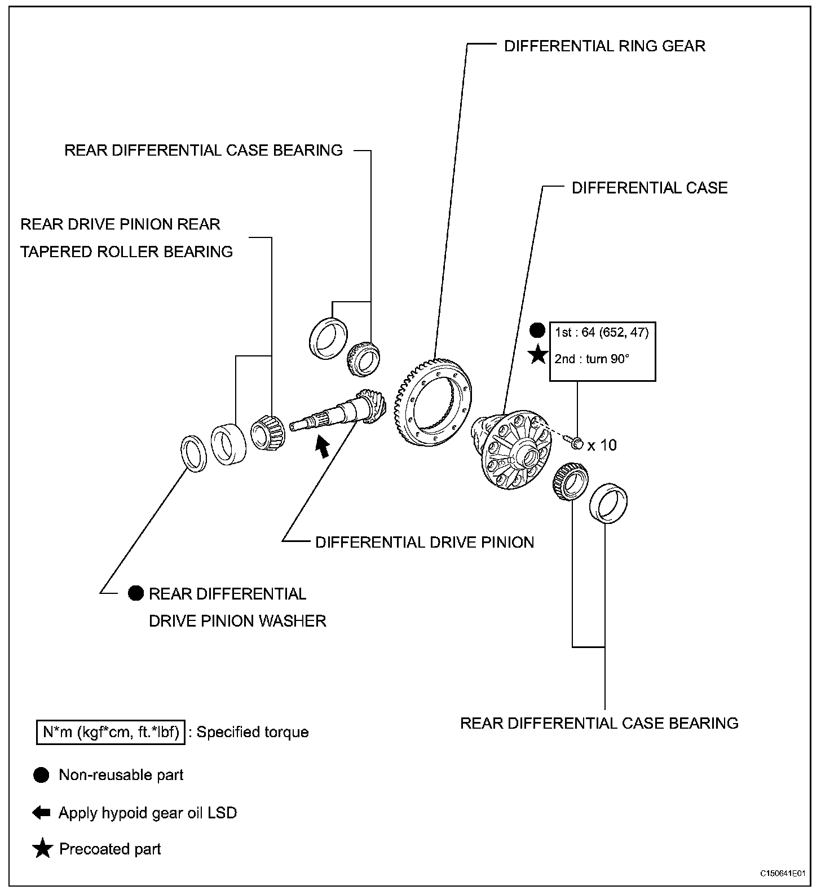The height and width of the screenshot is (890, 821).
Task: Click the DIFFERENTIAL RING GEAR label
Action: (x=604, y=46)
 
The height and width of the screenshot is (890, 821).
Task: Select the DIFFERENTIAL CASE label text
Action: (x=650, y=188)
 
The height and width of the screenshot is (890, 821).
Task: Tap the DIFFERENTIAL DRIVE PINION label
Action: (x=424, y=543)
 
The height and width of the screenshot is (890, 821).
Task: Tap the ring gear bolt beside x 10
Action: (x=575, y=444)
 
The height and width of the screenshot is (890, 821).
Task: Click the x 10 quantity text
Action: (x=602, y=446)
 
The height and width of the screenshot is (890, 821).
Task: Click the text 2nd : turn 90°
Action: (x=592, y=359)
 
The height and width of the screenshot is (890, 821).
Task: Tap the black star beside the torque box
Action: (x=538, y=355)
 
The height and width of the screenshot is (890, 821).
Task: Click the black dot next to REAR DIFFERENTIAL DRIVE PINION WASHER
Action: (x=136, y=593)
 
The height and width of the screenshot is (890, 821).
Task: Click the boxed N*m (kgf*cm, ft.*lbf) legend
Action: (x=111, y=732)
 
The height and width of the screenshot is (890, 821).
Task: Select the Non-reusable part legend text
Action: (x=121, y=776)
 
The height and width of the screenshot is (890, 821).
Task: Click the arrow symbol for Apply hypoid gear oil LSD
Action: (x=42, y=813)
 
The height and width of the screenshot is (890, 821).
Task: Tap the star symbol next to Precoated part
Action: (x=42, y=849)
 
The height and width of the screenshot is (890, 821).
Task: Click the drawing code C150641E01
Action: (x=782, y=874)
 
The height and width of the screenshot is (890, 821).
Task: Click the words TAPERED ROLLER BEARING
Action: (x=127, y=252)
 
